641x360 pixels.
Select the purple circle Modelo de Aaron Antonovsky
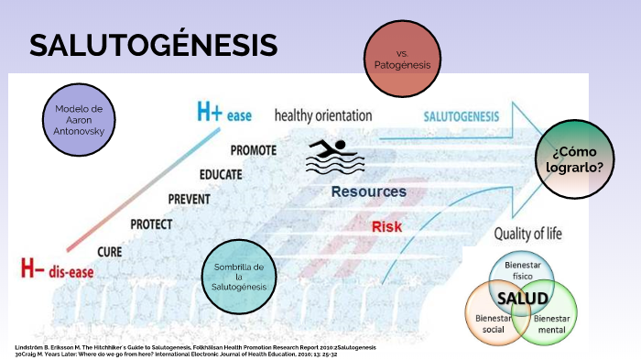click(x=80, y=121)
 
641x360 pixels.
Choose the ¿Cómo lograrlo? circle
click(x=576, y=159)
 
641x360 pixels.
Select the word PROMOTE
click(x=255, y=150)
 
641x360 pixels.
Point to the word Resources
click(x=368, y=191)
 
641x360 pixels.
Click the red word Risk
click(x=386, y=226)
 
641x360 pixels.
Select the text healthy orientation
click(x=323, y=115)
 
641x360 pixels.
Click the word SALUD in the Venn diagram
click(x=521, y=299)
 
